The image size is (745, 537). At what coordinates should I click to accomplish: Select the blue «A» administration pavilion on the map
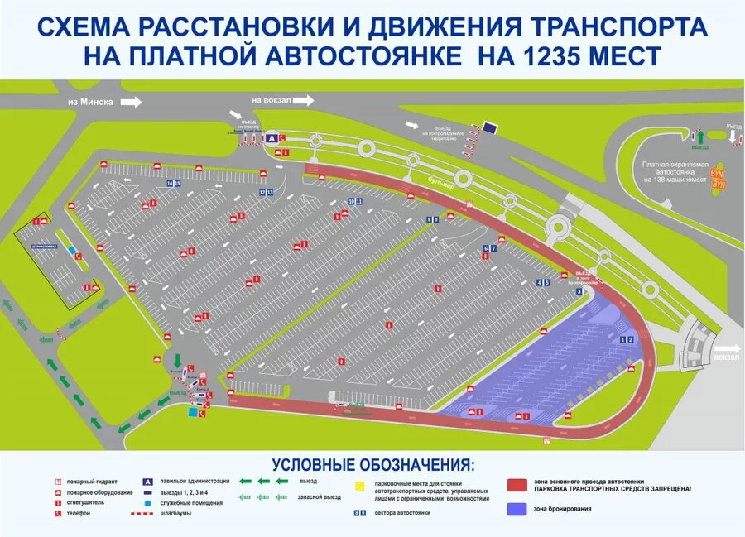click(272, 139)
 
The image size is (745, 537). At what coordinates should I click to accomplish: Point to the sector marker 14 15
click(174, 183)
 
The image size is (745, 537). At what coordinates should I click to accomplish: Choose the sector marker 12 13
click(267, 192)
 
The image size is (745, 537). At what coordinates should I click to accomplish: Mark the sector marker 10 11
click(355, 201)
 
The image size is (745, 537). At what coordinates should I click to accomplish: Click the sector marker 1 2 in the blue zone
click(627, 339)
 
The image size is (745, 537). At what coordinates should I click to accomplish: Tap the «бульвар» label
click(435, 186)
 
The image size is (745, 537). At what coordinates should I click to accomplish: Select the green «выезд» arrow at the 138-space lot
click(699, 137)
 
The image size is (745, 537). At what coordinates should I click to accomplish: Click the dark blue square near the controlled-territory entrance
click(490, 128)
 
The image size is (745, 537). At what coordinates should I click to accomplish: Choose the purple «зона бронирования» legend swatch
click(517, 509)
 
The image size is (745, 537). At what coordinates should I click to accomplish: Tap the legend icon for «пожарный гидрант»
click(57, 482)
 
